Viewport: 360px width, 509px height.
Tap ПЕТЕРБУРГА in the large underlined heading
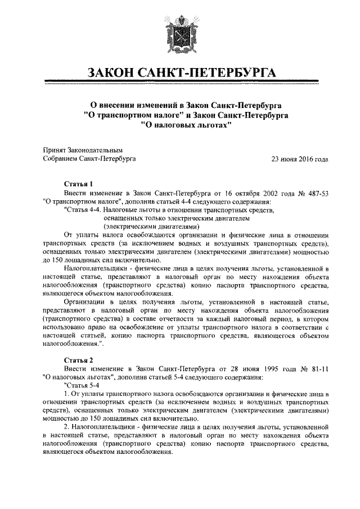(231, 73)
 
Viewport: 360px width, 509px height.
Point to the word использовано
(65, 326)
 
